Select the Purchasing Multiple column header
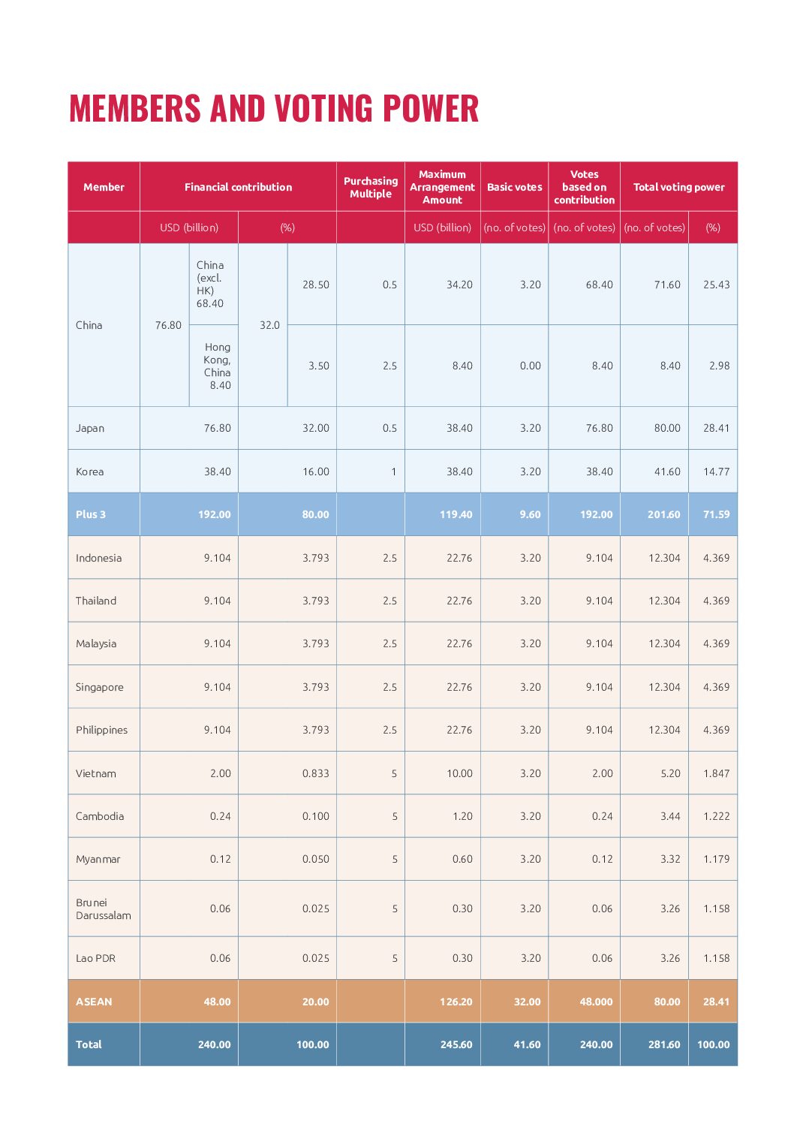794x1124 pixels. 371,187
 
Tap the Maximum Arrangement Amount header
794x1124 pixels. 442,187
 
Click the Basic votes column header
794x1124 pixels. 514,187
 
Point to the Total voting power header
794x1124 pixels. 678,187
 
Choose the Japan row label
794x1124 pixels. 90,428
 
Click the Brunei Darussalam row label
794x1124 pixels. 103,909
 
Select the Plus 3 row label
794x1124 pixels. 91,514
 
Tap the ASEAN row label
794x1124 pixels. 94,1002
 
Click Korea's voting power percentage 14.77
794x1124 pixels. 716,472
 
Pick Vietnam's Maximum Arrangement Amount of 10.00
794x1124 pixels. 459,773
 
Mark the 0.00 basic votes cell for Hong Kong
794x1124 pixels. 530,366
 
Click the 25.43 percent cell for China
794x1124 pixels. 716,285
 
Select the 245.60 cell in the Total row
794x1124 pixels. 456,1044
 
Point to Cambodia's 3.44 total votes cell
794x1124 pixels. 670,816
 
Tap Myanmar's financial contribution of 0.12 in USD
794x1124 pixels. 220,859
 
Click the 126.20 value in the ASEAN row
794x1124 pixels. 456,1002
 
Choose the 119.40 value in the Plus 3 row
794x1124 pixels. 456,514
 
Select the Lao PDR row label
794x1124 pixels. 95,958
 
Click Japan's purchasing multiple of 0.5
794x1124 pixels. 389,428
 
